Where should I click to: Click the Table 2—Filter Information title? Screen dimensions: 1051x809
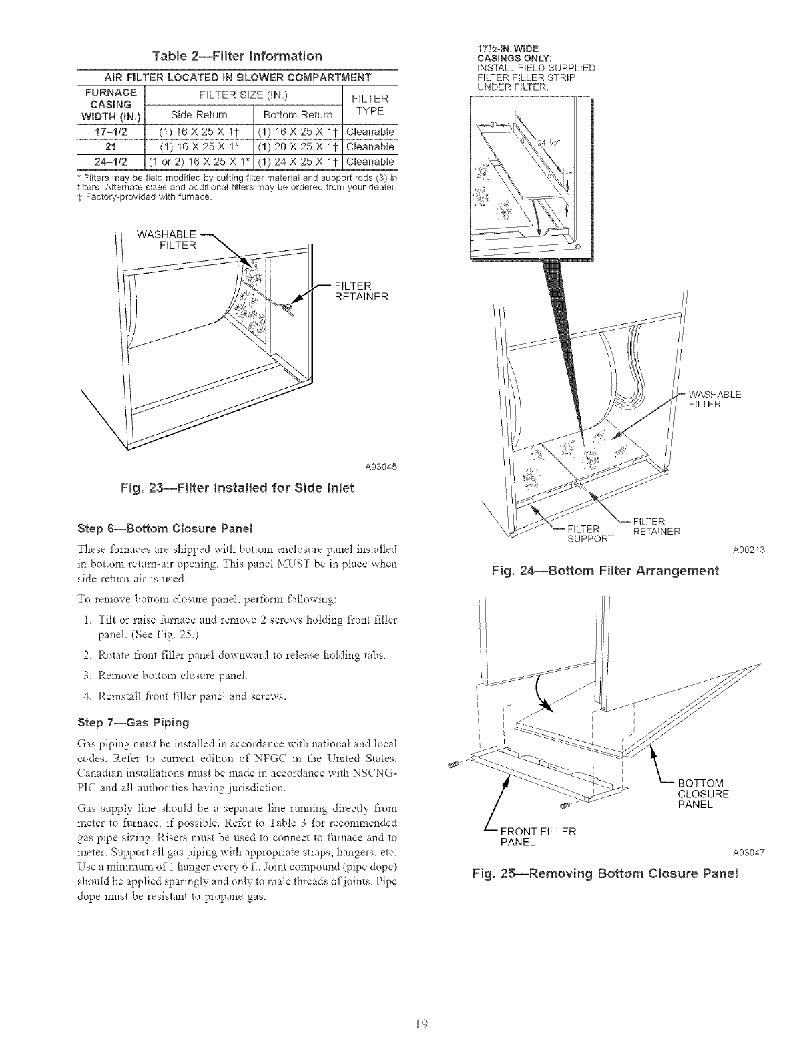pyautogui.click(x=237, y=55)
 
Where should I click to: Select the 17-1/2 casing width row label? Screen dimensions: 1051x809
pyautogui.click(x=107, y=132)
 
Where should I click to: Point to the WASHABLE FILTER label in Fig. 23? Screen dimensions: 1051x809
pyautogui.click(x=165, y=240)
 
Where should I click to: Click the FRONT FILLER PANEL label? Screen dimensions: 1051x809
pyautogui.click(x=542, y=836)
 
